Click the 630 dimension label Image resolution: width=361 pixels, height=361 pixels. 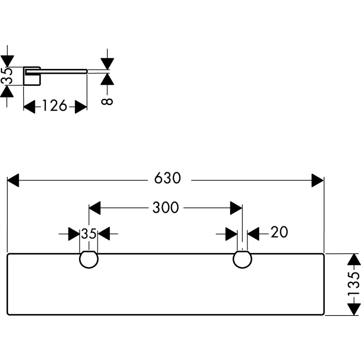click(x=167, y=178)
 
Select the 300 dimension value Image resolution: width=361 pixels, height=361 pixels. click(x=165, y=208)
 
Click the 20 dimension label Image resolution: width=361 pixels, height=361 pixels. click(x=279, y=233)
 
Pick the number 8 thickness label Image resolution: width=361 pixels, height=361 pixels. click(x=107, y=101)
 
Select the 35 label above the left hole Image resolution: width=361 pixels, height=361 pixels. click(x=88, y=234)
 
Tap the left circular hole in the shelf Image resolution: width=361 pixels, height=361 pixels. click(x=88, y=260)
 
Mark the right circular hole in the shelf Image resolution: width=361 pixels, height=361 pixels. click(x=242, y=260)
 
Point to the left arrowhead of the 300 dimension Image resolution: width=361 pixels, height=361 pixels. click(x=95, y=208)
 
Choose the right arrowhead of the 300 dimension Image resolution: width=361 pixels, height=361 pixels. click(x=236, y=208)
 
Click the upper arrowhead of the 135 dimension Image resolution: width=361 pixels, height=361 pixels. click(x=355, y=260)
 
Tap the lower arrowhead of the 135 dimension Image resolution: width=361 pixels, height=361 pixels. click(x=355, y=309)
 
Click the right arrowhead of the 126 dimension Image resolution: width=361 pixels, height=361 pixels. click(x=81, y=107)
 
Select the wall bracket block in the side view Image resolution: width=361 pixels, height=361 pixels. click(x=32, y=76)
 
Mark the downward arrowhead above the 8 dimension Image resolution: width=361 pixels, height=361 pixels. click(x=108, y=63)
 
